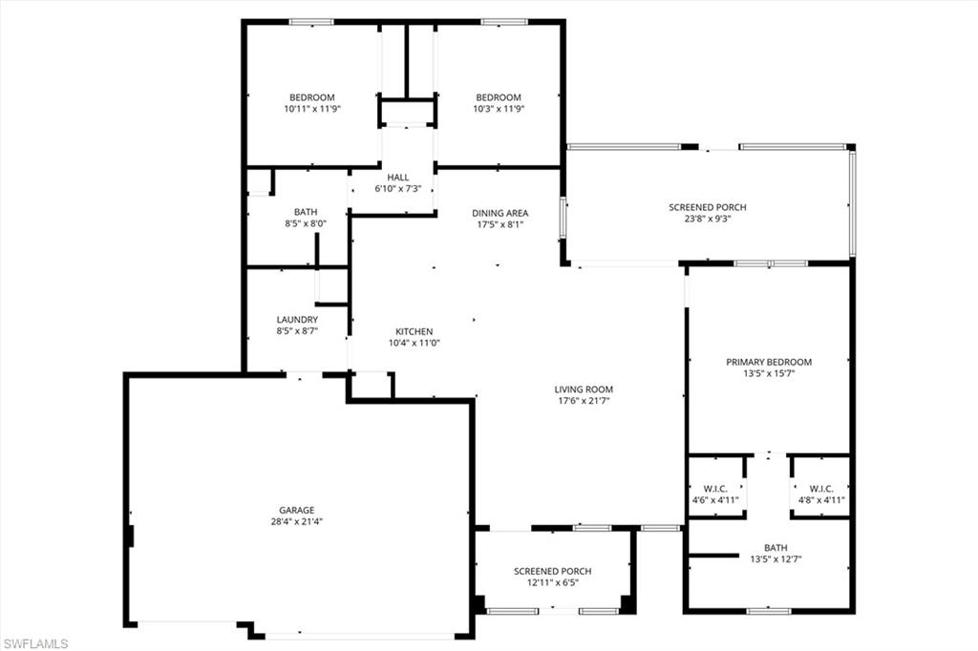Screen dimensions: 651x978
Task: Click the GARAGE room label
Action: point(296,510)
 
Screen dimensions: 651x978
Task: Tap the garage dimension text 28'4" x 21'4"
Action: point(296,522)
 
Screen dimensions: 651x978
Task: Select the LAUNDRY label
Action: point(297,320)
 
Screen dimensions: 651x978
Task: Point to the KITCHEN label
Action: point(415,331)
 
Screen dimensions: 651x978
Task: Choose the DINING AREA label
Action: point(500,213)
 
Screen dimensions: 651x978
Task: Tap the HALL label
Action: point(397,178)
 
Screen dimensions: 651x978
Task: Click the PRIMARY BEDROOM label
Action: point(769,362)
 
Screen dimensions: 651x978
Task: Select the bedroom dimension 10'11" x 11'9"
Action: point(312,109)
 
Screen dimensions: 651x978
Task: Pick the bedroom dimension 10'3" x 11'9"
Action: point(499,109)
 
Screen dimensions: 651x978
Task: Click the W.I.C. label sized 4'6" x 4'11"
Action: point(716,488)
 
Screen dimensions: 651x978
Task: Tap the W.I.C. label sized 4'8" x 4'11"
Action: point(821,488)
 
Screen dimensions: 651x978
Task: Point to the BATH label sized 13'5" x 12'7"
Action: point(776,548)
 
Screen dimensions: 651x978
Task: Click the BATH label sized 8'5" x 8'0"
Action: point(306,212)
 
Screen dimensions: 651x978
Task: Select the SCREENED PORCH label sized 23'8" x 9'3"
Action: point(708,207)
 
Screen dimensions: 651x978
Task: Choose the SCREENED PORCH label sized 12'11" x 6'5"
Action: point(553,571)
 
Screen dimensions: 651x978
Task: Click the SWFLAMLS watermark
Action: point(35,643)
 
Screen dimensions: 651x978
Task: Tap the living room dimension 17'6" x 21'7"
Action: point(584,402)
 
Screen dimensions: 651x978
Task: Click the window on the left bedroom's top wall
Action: point(311,21)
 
